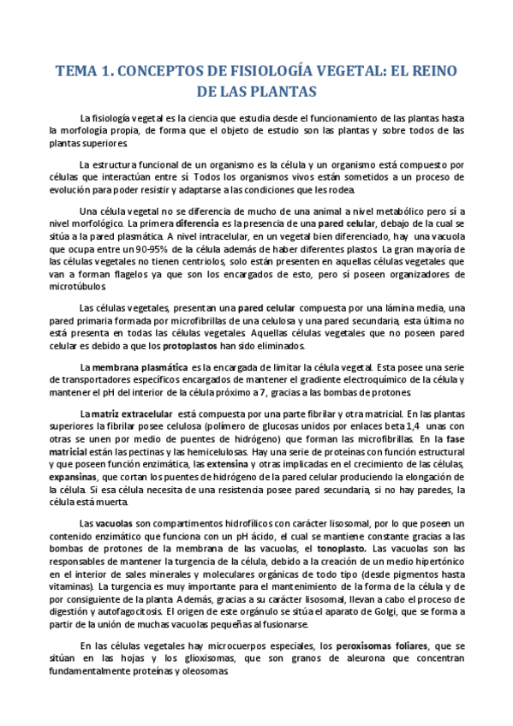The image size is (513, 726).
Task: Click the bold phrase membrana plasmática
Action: (130, 366)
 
